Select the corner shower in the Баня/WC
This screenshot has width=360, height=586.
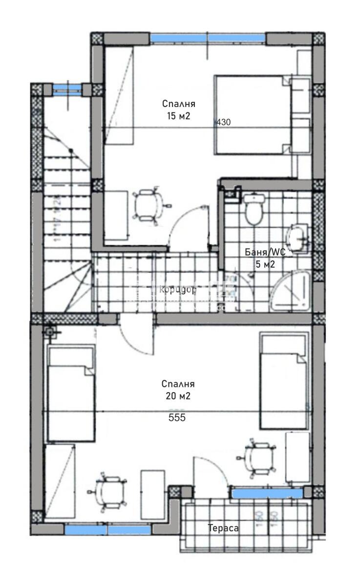pyautogui.click(x=291, y=291)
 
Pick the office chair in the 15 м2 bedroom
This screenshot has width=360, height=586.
pyautogui.click(x=147, y=206)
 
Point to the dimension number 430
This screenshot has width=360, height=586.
pyautogui.click(x=223, y=123)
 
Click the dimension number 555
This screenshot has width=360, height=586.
pyautogui.click(x=177, y=418)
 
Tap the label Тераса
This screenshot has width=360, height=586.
pyautogui.click(x=223, y=528)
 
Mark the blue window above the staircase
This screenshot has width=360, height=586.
pyautogui.click(x=67, y=87)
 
